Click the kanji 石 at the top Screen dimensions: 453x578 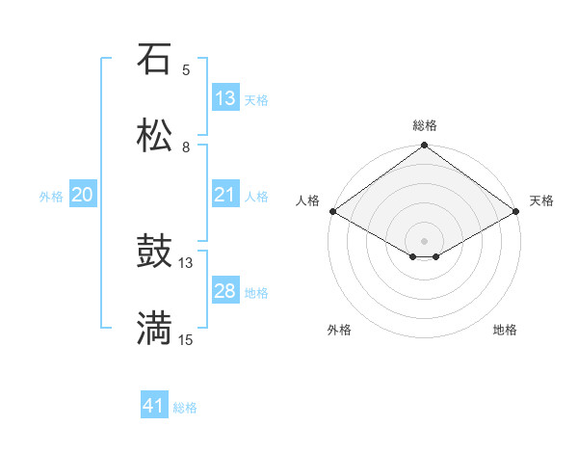(x=155, y=59)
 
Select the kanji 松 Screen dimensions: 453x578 (x=155, y=136)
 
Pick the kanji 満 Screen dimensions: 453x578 (x=155, y=329)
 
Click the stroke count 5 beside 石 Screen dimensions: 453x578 (x=186, y=69)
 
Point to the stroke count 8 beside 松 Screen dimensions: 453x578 (x=186, y=147)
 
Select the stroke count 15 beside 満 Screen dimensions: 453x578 (x=186, y=339)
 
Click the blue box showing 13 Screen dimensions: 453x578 (x=224, y=98)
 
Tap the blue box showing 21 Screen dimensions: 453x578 (x=224, y=195)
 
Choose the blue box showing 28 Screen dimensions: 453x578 (x=224, y=291)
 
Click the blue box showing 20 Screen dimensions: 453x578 (x=83, y=195)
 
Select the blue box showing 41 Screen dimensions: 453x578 (x=154, y=407)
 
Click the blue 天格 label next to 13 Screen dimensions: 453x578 (x=256, y=99)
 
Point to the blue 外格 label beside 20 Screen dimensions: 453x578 (x=51, y=196)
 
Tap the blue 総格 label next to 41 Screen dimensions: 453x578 (x=185, y=408)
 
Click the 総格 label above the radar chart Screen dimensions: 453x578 (x=425, y=125)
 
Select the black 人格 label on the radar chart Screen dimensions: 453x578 (x=307, y=200)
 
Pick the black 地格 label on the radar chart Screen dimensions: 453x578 (x=505, y=330)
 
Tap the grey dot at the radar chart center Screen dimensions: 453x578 (x=425, y=240)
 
